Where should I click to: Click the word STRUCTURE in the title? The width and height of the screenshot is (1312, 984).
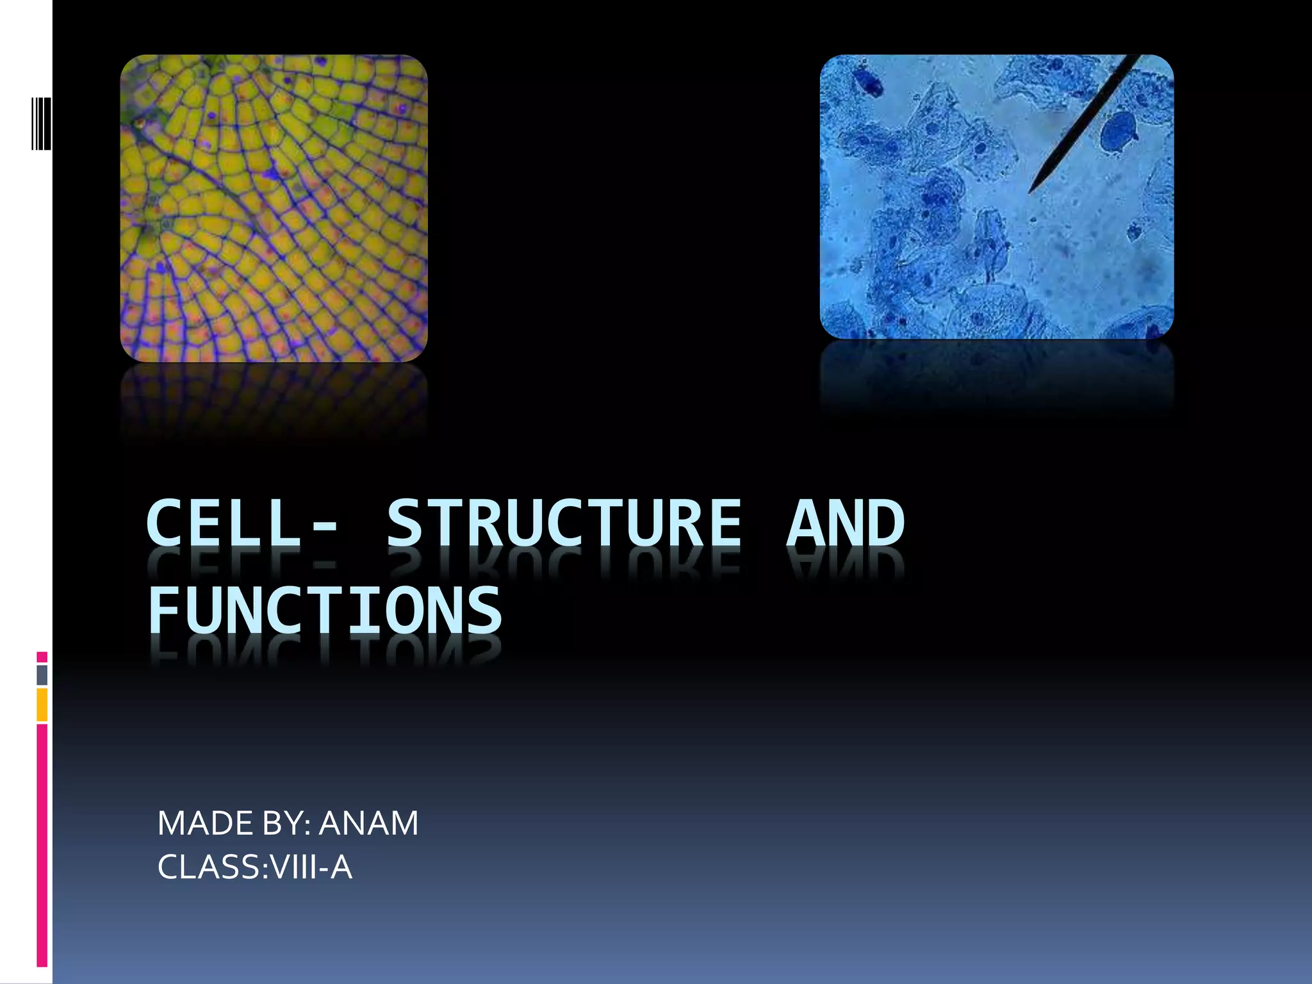point(564,524)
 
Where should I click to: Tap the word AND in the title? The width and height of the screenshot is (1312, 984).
point(845,524)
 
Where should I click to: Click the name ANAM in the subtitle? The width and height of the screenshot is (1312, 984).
point(368,823)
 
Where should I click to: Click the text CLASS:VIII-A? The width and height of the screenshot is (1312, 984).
point(254,867)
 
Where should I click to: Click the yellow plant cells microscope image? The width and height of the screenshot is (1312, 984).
point(274,208)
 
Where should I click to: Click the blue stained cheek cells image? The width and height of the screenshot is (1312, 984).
point(996,197)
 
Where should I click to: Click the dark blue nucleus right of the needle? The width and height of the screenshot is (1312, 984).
point(1119,133)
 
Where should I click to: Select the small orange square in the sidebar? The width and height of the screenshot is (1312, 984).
point(42,705)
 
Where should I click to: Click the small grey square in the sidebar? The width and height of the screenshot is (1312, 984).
point(42,675)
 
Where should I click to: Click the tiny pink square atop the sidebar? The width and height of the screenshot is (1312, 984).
point(42,657)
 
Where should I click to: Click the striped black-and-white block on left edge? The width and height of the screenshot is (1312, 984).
point(42,123)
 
